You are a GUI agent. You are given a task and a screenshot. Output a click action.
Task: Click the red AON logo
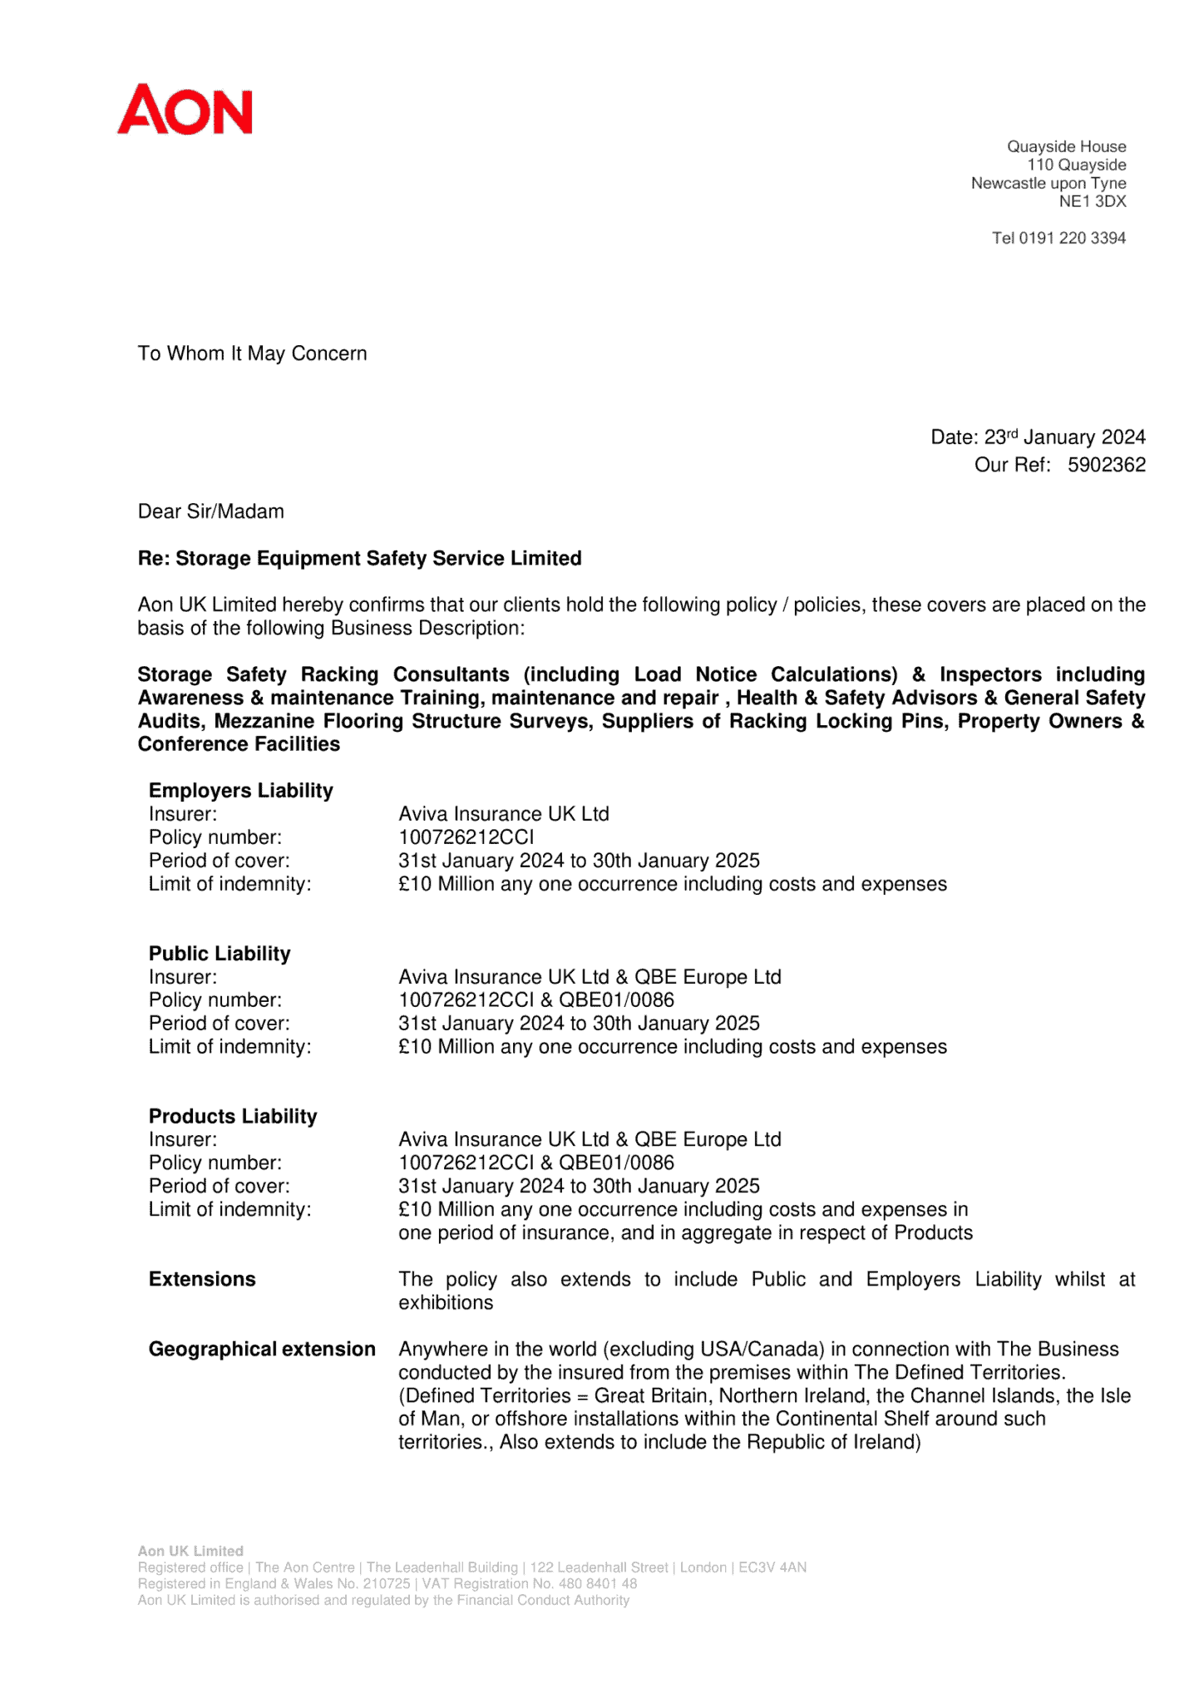click(x=185, y=109)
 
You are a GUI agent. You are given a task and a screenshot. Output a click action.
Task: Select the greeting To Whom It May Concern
click(x=252, y=353)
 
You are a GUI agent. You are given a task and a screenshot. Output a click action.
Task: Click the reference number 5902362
click(x=1106, y=465)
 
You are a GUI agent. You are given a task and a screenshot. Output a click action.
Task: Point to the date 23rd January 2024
click(x=1064, y=437)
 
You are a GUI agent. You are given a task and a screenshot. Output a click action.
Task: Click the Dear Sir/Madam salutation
click(x=210, y=511)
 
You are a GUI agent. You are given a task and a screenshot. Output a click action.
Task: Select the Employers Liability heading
click(x=240, y=790)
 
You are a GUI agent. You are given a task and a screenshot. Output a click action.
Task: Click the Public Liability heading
click(x=220, y=953)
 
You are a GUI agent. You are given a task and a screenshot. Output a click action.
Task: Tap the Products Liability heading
click(x=233, y=1116)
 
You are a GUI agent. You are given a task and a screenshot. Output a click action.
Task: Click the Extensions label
click(x=202, y=1279)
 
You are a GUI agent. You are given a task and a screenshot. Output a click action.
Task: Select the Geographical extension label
click(x=262, y=1349)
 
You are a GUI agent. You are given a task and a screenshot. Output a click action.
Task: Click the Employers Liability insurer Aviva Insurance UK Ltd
click(x=503, y=813)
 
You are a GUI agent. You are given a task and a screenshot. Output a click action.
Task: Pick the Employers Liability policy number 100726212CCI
click(x=466, y=837)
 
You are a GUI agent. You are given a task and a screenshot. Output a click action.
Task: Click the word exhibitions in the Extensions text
click(x=446, y=1302)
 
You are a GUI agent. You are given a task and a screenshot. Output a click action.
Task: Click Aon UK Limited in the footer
click(x=190, y=1551)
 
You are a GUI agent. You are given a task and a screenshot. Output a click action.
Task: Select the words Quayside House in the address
click(x=1066, y=146)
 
